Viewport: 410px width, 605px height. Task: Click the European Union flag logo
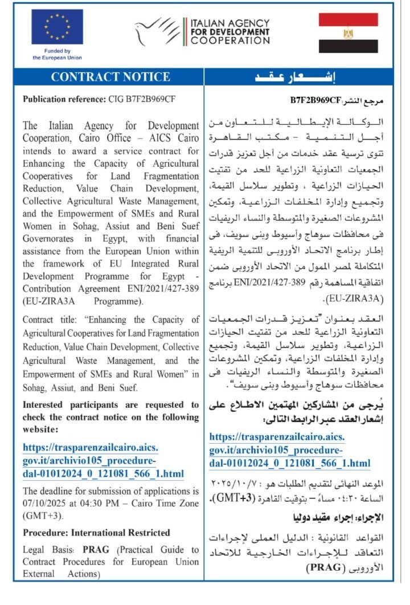tap(57, 27)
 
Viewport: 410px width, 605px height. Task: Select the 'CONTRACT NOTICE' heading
tap(110, 77)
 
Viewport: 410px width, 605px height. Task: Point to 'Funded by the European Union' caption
tap(57, 54)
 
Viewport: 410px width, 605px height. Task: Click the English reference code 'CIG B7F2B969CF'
tap(142, 99)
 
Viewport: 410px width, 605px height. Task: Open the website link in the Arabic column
tap(290, 450)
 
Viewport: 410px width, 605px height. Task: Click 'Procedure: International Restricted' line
tap(96, 533)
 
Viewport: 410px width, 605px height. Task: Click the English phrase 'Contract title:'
tap(51, 320)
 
